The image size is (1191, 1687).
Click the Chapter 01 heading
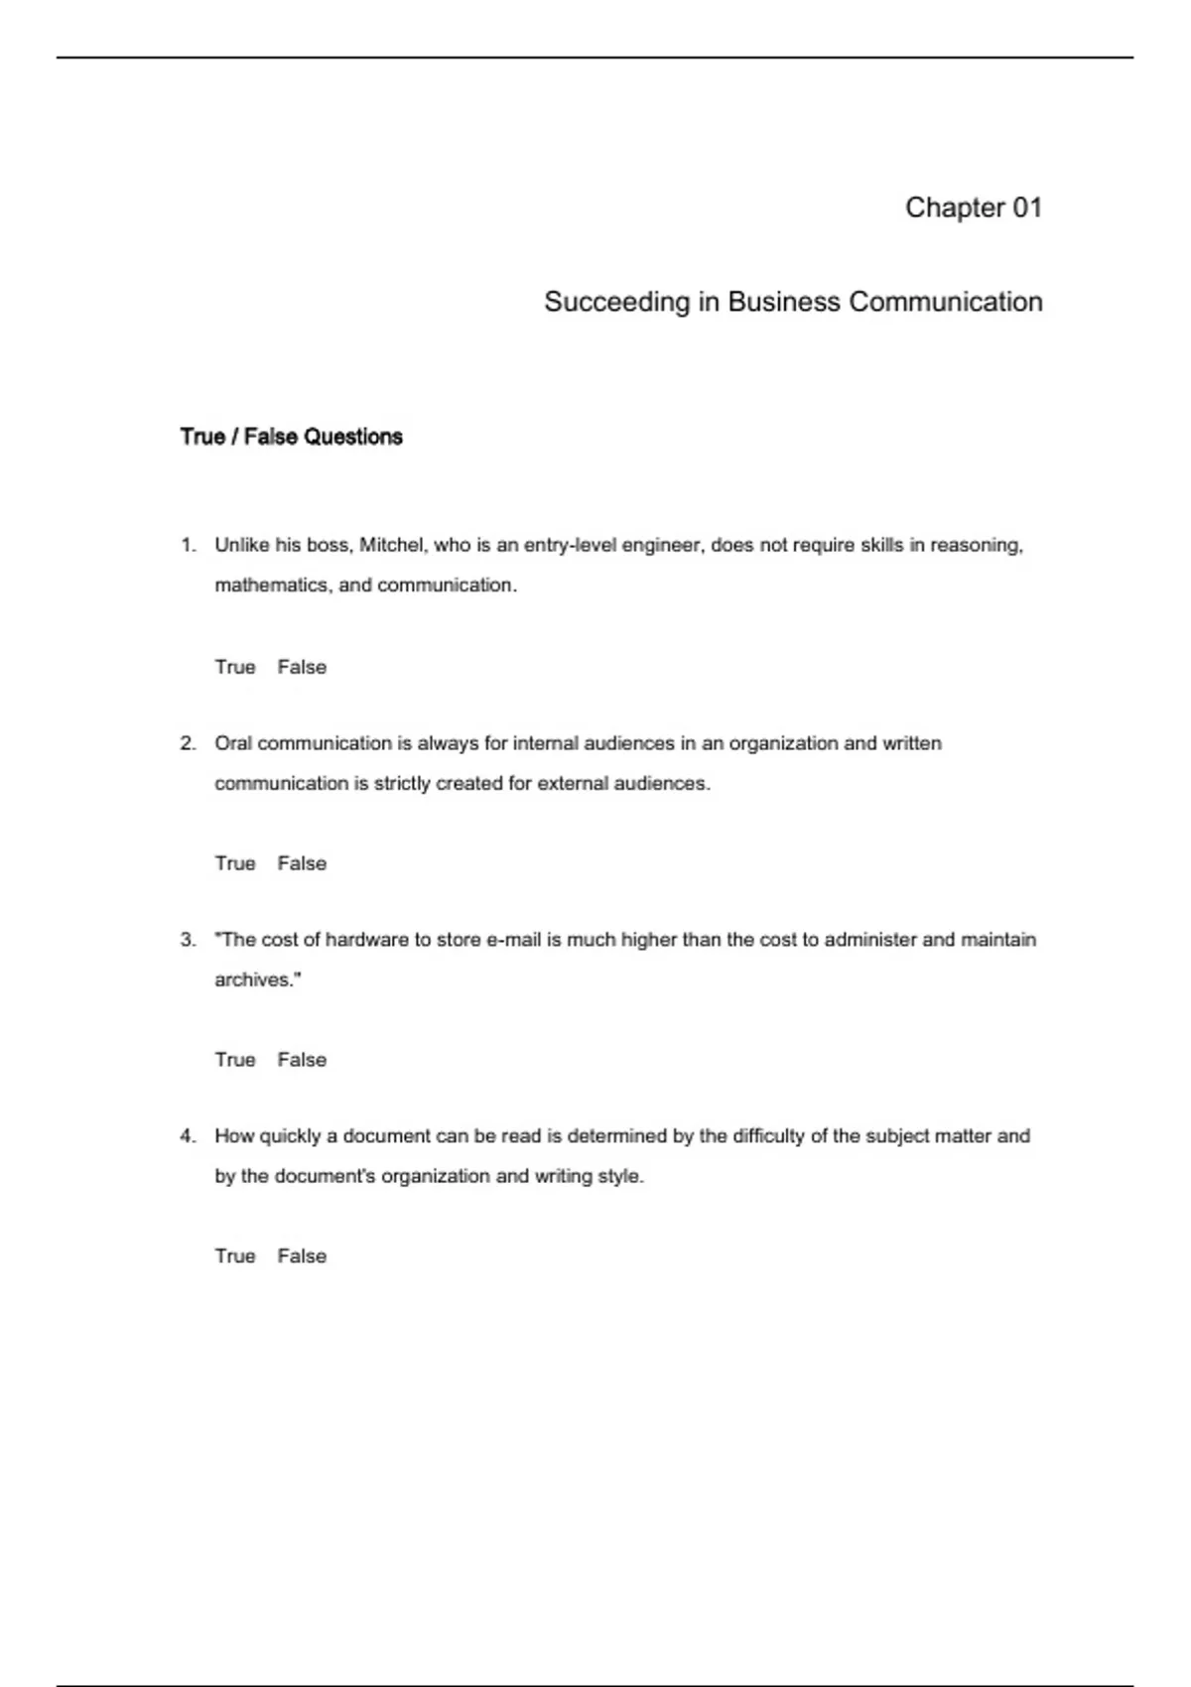[973, 207]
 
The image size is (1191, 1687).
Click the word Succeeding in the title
[616, 302]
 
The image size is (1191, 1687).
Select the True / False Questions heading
[291, 437]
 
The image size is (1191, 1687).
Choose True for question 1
[235, 667]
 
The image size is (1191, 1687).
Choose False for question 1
[302, 667]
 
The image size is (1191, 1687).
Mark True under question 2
[235, 863]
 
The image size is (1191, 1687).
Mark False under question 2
[302, 863]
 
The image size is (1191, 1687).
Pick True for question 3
[235, 1060]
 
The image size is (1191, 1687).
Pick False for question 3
[302, 1060]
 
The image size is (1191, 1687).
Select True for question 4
[235, 1256]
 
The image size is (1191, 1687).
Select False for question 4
[302, 1256]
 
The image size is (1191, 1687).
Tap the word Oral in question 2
[233, 743]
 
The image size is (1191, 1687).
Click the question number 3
[188, 940]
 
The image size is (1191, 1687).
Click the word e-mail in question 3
[513, 940]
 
